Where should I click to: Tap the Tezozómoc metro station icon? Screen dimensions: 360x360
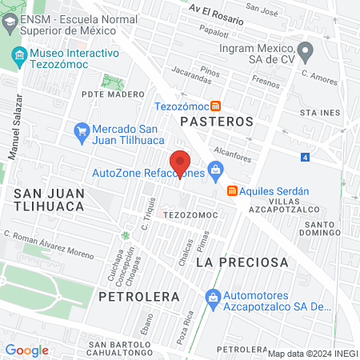(216, 106)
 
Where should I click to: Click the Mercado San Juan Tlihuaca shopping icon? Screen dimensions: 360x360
(80, 130)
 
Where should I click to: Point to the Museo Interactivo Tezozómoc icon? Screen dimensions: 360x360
(18, 55)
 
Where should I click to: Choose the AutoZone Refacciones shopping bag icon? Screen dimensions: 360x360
(214, 170)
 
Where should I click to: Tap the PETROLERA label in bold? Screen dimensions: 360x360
(138, 296)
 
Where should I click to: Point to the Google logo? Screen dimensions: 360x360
(26, 350)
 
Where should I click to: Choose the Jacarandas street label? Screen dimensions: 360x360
(190, 76)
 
